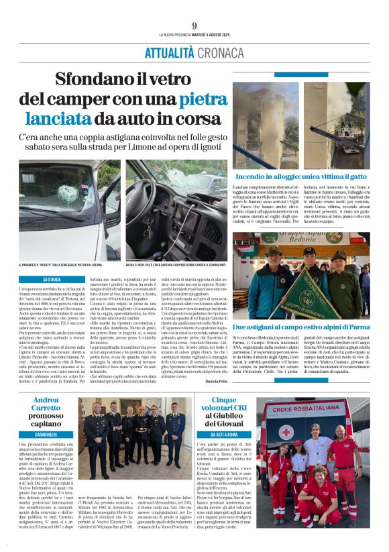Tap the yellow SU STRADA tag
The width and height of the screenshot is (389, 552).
click(52, 279)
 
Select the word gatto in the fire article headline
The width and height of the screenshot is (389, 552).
click(348, 176)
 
